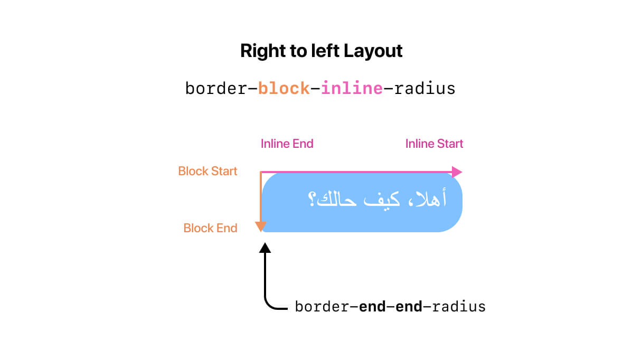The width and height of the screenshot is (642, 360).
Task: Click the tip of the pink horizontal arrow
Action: click(462, 172)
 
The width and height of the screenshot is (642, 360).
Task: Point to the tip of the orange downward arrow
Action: click(261, 232)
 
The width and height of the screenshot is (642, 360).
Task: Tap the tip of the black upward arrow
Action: click(265, 243)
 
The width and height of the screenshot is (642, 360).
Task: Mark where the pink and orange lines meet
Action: click(261, 172)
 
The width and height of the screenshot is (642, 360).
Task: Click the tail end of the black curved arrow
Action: click(287, 309)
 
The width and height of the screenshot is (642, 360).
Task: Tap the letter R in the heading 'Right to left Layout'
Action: click(247, 51)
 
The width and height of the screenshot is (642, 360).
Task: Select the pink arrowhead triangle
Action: click(457, 172)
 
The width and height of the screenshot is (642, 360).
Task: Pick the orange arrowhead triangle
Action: click(261, 226)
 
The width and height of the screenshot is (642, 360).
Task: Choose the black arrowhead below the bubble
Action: click(265, 248)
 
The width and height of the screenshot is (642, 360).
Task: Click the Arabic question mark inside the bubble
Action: click(311, 199)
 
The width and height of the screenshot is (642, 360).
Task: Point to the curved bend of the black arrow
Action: click(269, 305)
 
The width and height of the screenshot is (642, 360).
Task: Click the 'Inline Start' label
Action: click(434, 144)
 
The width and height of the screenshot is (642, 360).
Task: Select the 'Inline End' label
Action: click(287, 144)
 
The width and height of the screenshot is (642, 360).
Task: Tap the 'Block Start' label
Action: click(208, 171)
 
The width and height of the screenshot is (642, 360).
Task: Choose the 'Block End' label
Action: click(210, 228)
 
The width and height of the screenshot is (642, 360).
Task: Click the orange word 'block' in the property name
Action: click(284, 88)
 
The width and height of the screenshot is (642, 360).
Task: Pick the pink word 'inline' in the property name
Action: click(352, 88)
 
